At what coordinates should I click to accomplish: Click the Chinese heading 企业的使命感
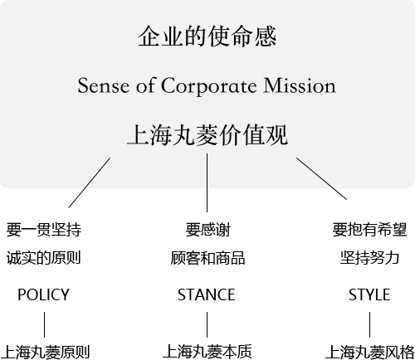tap(207, 36)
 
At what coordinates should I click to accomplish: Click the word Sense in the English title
tap(104, 85)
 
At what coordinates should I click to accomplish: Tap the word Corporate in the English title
tap(208, 86)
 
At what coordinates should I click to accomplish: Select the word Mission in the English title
tap(300, 85)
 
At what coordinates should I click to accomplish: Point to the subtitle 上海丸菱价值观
tap(207, 135)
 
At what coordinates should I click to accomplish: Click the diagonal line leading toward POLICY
tap(90, 182)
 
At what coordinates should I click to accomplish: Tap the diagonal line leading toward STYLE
tap(321, 178)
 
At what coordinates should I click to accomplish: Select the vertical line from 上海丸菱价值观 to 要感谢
tap(207, 182)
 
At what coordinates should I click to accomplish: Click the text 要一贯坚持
tap(44, 230)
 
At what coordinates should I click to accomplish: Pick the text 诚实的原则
tap(44, 258)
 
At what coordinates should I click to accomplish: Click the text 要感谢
tap(207, 230)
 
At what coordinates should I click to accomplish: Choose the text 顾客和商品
tap(207, 258)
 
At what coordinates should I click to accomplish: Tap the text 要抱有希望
tap(369, 230)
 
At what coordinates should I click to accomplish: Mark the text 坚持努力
tap(369, 258)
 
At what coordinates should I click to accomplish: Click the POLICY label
tap(43, 294)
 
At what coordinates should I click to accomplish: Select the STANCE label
tap(207, 294)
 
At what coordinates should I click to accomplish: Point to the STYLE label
tap(369, 294)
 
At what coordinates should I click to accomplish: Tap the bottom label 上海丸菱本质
tap(207, 352)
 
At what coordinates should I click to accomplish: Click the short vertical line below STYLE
tap(369, 324)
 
